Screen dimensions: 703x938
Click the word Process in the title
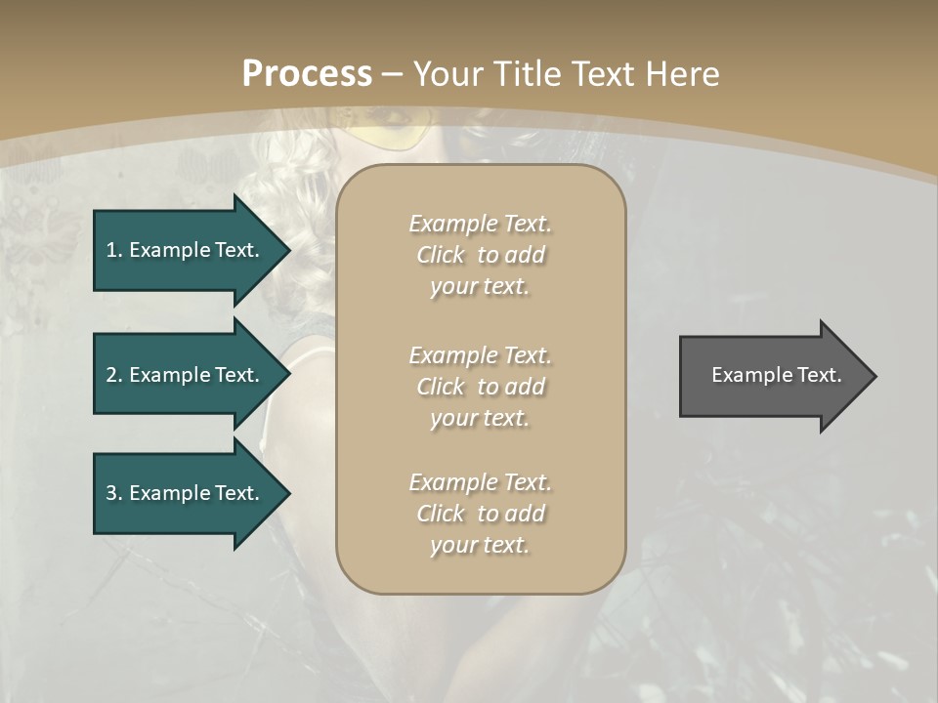[307, 74]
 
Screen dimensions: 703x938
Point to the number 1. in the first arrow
[113, 250]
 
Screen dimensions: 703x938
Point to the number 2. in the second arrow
[113, 375]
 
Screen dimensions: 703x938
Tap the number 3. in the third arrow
[113, 493]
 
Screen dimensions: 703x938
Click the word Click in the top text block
[441, 255]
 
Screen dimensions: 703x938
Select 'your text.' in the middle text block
[480, 418]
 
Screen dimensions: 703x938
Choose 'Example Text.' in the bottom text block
[480, 482]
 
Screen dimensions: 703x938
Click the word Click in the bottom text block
[441, 514]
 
